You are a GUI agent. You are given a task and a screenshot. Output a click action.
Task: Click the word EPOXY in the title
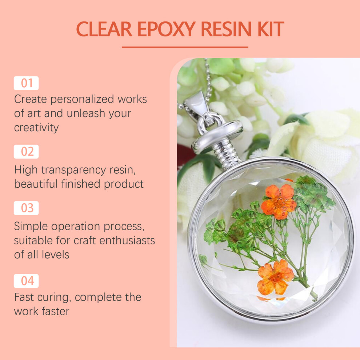tap(167, 29)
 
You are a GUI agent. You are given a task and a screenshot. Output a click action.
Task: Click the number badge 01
tap(26, 83)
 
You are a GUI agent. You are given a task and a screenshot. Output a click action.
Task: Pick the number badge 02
tap(26, 152)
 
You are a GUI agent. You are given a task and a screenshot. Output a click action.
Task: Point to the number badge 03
tap(26, 208)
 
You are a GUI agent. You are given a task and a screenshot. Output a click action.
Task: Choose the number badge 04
tap(26, 281)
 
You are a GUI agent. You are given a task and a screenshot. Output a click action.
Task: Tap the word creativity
tap(36, 128)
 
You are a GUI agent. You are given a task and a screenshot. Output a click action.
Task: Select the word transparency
tap(73, 170)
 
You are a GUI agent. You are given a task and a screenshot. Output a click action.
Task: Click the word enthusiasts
tap(127, 240)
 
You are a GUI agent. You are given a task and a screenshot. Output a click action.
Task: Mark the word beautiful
tap(36, 184)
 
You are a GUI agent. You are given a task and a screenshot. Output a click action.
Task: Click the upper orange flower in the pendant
tap(279, 201)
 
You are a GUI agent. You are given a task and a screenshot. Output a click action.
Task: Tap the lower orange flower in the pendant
tap(275, 277)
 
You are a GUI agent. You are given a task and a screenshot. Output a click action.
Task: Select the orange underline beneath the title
tap(185, 47)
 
